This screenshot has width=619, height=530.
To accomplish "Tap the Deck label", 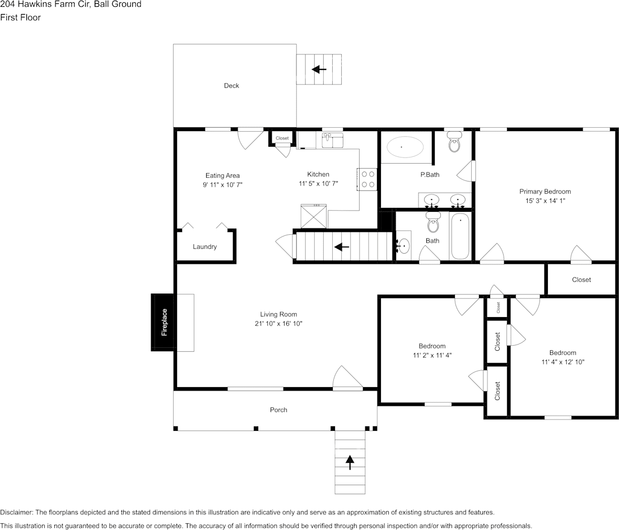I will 231,86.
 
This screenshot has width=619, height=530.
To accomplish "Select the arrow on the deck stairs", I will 319,69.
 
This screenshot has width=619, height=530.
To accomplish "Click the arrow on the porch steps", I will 350,462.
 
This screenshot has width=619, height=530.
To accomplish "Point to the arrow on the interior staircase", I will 342,247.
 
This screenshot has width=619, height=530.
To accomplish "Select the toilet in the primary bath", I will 454,143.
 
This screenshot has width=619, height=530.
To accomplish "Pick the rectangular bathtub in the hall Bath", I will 460,236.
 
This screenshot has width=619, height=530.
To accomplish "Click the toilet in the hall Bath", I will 433,223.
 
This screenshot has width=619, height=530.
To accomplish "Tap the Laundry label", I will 204,247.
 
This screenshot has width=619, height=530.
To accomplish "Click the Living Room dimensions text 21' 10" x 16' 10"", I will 278,323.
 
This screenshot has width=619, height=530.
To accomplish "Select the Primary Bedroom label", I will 544,192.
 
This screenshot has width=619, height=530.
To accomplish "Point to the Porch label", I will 278,410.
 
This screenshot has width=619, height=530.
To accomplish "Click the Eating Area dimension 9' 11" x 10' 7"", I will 222,184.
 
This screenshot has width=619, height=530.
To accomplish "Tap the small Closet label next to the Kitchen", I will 282,138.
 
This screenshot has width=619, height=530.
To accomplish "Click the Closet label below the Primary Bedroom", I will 581,280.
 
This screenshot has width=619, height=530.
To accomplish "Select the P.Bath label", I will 430,175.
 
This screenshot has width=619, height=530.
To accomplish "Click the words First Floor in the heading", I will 21,17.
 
